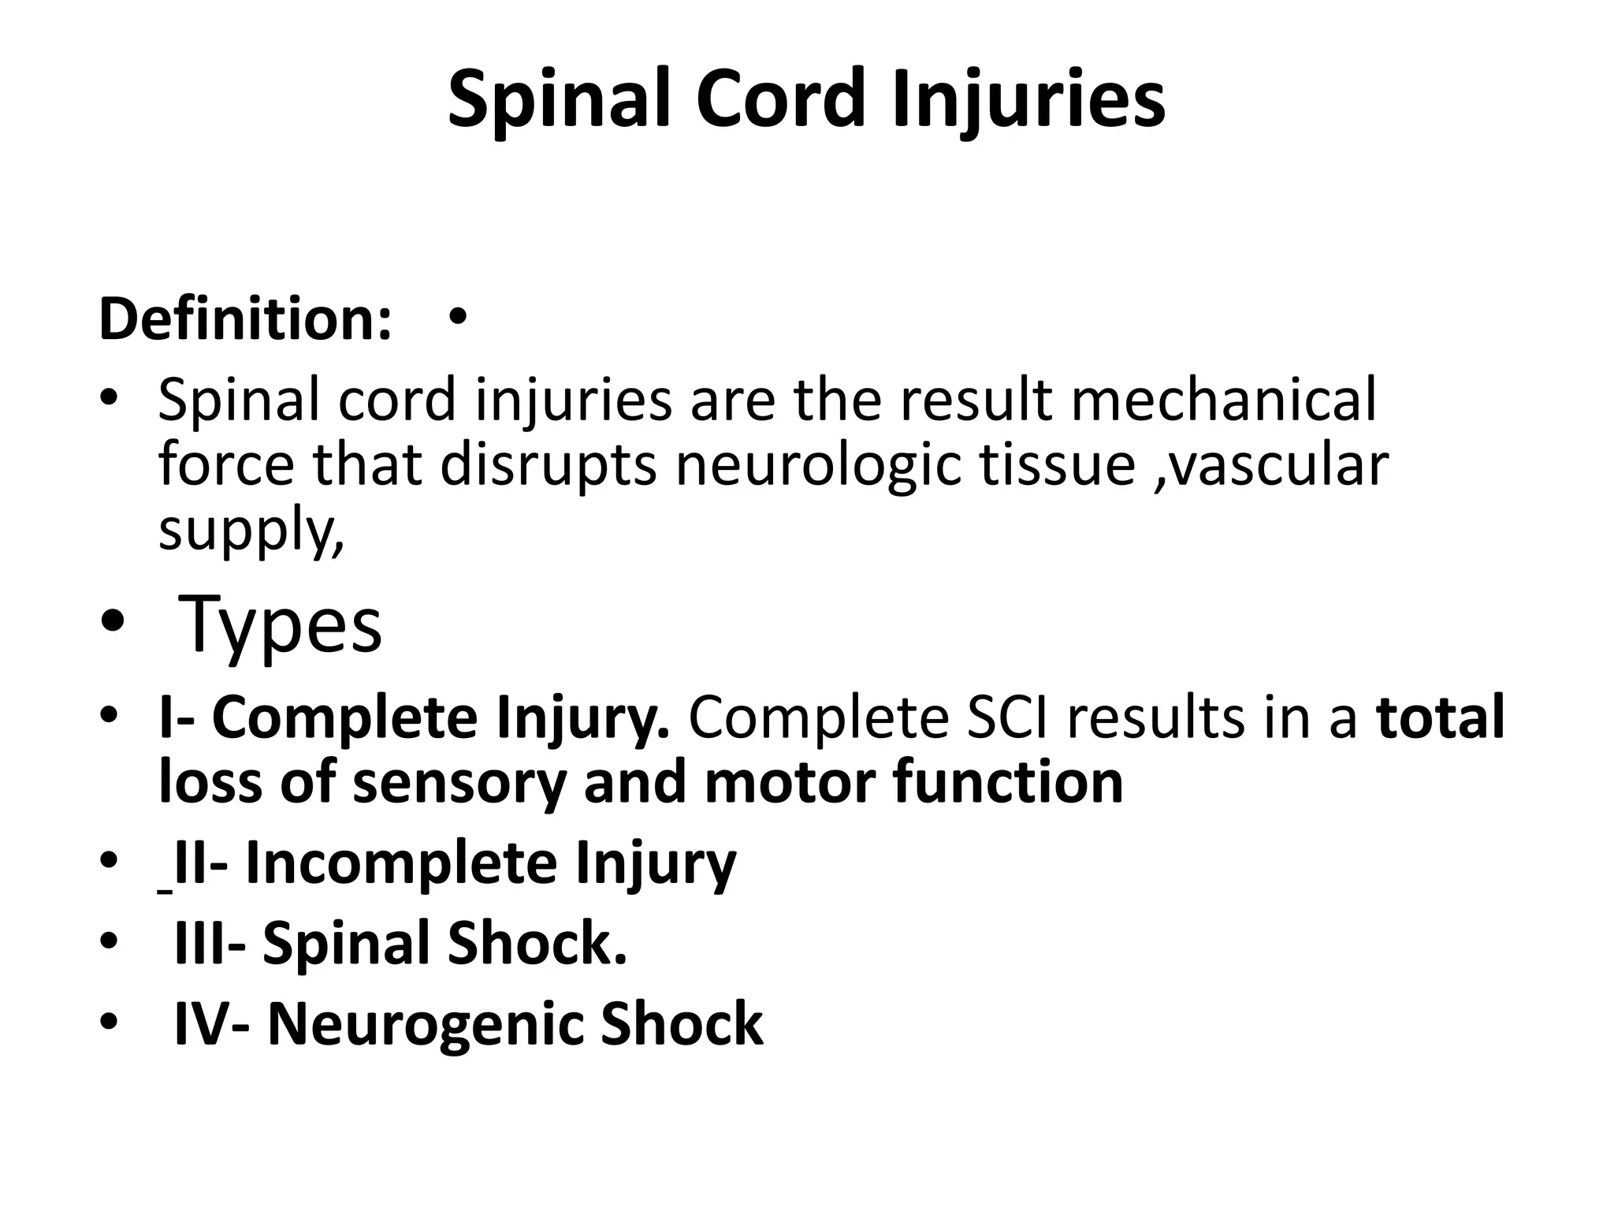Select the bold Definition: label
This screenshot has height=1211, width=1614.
245,320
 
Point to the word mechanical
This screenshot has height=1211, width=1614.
1223,400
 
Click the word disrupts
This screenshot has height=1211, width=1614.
548,465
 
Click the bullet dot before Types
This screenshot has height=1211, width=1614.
112,623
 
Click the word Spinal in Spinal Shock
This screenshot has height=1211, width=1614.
346,943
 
